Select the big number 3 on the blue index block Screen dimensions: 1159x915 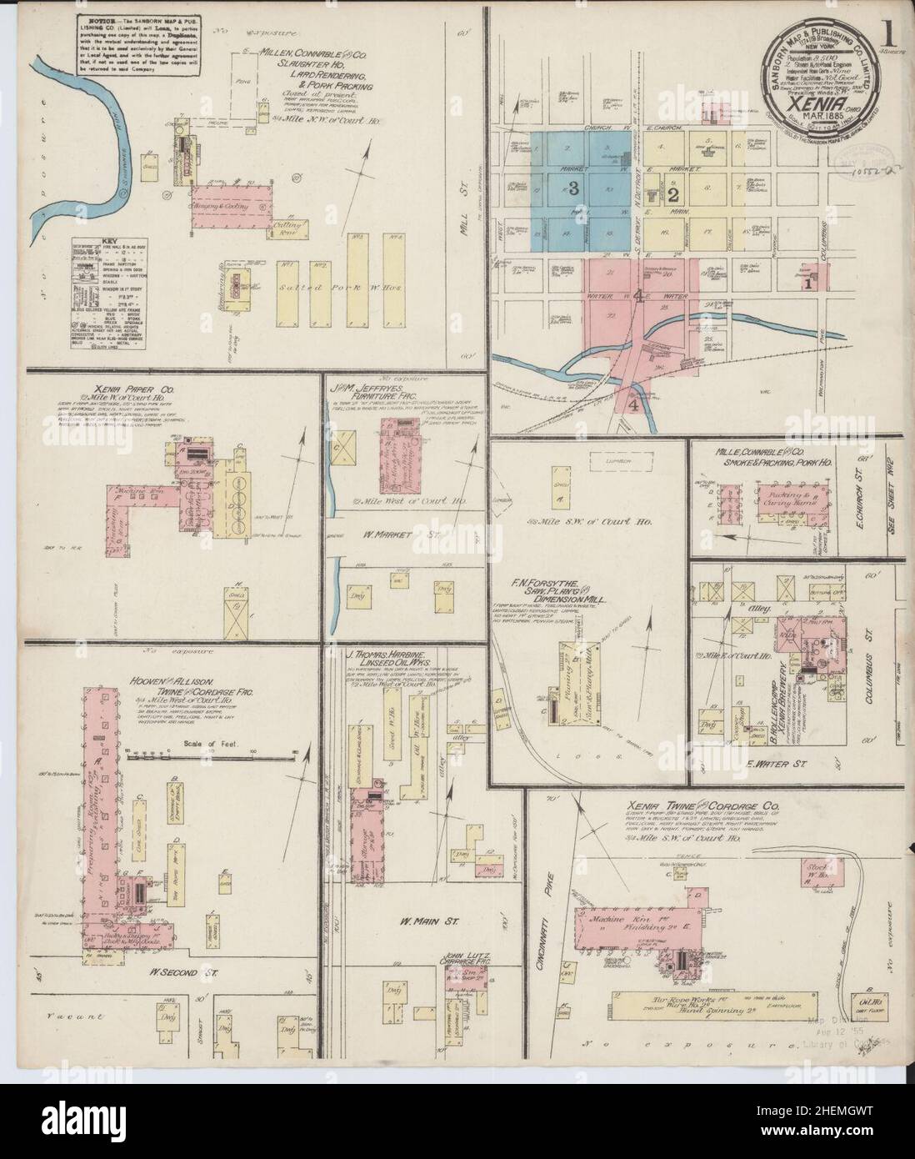click(573, 189)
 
